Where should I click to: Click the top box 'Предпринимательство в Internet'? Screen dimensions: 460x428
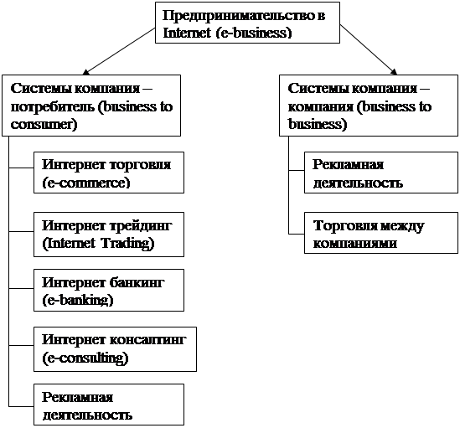[247, 23]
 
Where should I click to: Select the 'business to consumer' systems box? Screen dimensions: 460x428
[91, 106]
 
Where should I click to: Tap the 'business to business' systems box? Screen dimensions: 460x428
[369, 106]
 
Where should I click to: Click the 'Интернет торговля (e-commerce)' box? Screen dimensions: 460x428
[109, 173]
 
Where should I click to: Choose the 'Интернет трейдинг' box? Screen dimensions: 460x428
[109, 235]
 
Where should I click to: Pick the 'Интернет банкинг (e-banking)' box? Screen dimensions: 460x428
[109, 290]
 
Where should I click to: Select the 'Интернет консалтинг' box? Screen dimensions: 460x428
[115, 349]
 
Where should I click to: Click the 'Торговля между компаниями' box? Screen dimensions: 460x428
[381, 233]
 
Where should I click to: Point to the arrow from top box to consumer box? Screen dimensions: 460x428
[119, 51]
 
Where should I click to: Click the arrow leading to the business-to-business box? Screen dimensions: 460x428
[369, 49]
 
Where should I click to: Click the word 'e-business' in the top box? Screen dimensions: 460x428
[254, 33]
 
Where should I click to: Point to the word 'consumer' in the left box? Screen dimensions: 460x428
[42, 125]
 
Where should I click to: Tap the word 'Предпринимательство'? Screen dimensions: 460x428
[238, 16]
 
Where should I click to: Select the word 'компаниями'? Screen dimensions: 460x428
[355, 244]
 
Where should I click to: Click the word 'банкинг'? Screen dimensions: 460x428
[137, 283]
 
